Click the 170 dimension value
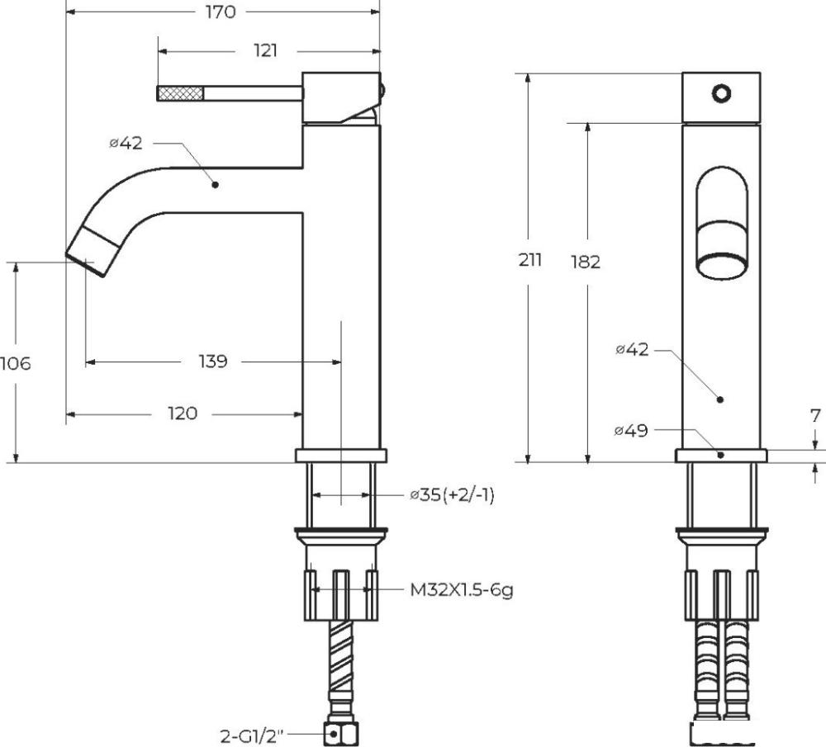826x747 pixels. point(221,12)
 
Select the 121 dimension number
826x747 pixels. point(265,50)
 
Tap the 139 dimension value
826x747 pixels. point(213,362)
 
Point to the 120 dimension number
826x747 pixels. point(183,414)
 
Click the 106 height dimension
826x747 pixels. point(15,363)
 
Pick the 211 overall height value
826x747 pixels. point(530,259)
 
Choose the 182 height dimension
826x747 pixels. point(586,261)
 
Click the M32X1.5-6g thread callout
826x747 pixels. point(462,590)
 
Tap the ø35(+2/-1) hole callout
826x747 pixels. point(453,495)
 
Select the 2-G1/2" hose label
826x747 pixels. point(251,735)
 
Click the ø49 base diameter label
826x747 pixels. point(630,431)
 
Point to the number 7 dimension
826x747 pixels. point(815,416)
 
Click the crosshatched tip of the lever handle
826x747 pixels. point(180,93)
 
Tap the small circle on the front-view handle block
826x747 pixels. point(721,94)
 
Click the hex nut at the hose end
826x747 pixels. point(341,733)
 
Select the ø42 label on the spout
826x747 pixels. point(126,143)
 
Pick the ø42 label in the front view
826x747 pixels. point(632,349)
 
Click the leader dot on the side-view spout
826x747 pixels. point(215,185)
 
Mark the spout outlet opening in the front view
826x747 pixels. point(721,266)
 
